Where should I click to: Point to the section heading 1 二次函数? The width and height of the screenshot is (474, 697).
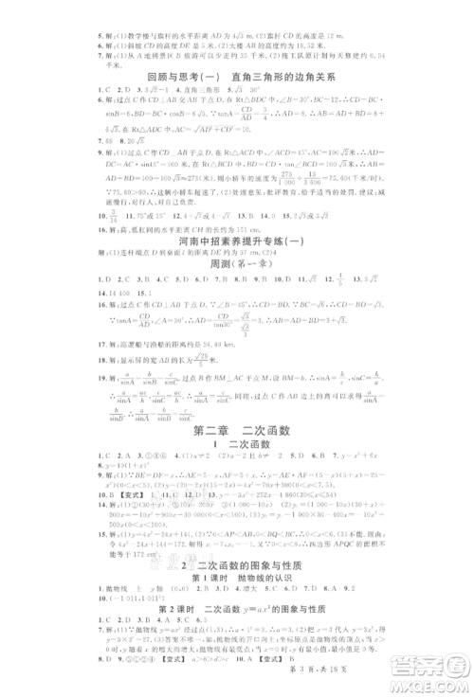pos(237,450)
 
